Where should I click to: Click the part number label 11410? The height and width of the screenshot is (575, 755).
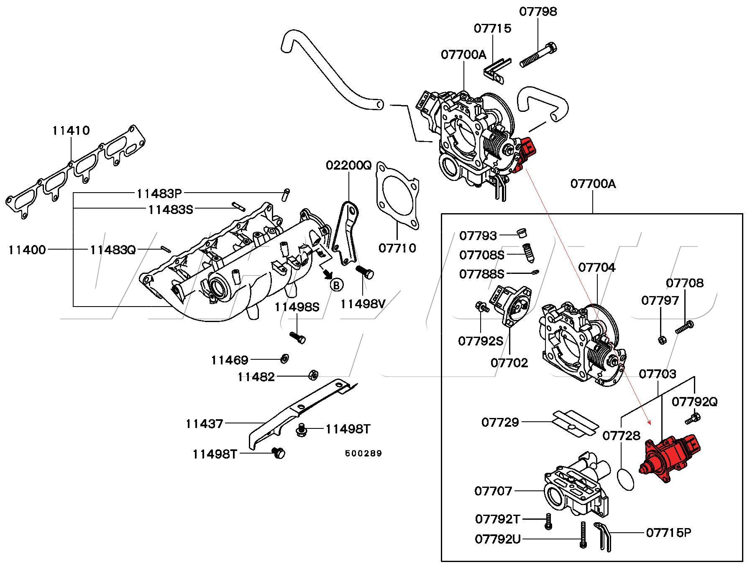(71, 130)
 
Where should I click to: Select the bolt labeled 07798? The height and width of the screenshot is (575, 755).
(538, 56)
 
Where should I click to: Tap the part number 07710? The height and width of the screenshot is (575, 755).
(397, 248)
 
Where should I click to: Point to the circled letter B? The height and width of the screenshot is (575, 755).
(336, 285)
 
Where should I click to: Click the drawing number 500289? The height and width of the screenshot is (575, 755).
(363, 453)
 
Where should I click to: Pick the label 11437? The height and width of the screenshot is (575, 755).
(205, 424)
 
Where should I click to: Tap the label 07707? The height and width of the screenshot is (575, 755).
(493, 490)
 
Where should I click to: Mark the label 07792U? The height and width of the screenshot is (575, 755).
(498, 539)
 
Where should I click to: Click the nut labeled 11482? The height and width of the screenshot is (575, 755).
(312, 375)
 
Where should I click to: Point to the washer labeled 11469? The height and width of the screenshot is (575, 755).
(284, 358)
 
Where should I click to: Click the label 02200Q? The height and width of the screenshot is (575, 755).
(348, 165)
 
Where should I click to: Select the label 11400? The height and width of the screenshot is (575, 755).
(27, 250)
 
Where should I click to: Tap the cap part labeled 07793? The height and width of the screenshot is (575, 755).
(521, 233)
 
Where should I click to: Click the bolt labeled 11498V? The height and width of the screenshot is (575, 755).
(364, 272)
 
